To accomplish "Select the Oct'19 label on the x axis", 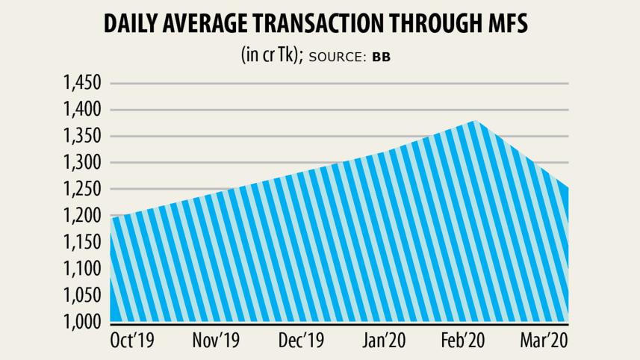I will pyautogui.click(x=133, y=341).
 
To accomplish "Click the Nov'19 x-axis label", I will pyautogui.click(x=216, y=341).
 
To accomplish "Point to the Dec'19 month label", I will pyautogui.click(x=300, y=341).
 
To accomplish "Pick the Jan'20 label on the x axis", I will pyautogui.click(x=384, y=341).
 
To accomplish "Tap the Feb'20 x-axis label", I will pyautogui.click(x=463, y=341).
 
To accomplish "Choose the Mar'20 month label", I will pyautogui.click(x=543, y=341).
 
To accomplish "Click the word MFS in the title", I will pyautogui.click(x=503, y=24).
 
